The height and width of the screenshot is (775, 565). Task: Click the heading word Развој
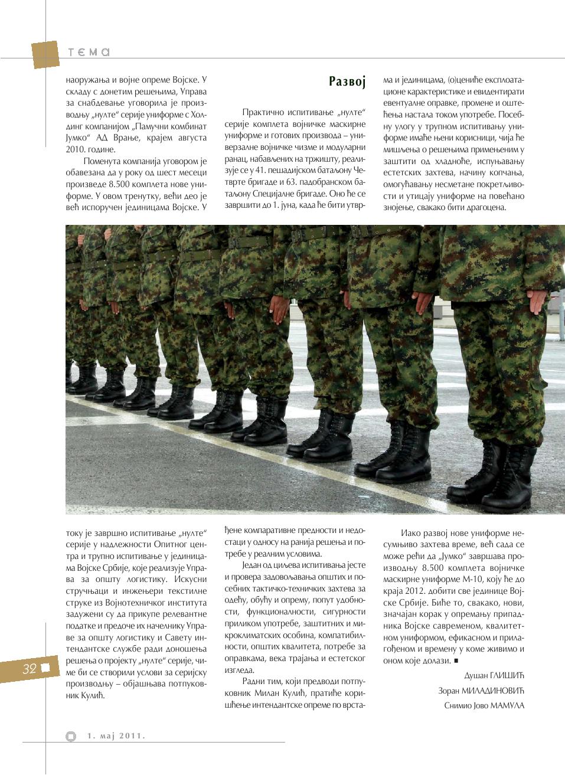(347, 81)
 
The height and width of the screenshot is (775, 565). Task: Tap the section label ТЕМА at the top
(89, 53)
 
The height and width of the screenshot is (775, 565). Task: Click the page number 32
(30, 668)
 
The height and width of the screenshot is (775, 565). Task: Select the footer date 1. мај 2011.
(116, 735)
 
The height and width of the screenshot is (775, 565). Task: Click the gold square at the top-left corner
(45, 55)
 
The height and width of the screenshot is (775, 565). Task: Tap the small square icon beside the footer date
(71, 736)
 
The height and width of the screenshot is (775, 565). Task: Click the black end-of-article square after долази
(456, 660)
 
